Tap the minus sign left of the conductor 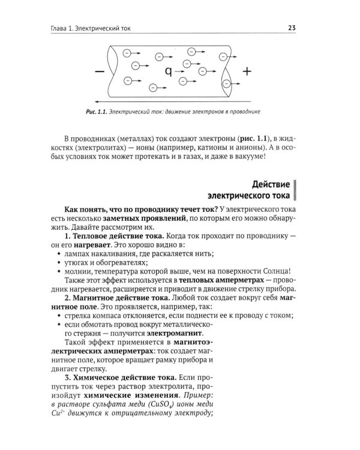(98, 71)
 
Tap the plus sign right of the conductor (246, 71)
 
